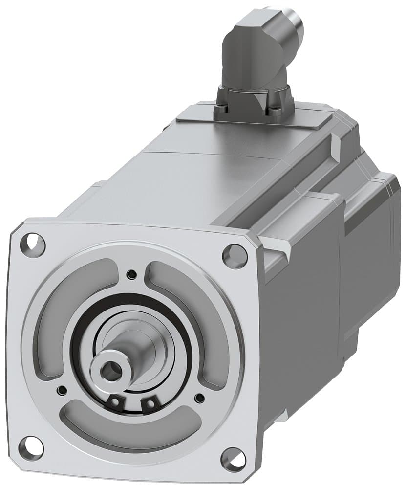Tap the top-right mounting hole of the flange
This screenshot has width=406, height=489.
tap(235, 255)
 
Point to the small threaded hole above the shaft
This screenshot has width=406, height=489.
tap(131, 274)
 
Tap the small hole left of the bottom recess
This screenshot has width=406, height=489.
tap(62, 390)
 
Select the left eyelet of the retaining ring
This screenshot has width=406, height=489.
tap(114, 402)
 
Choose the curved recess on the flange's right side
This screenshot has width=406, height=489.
tap(200, 318)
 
